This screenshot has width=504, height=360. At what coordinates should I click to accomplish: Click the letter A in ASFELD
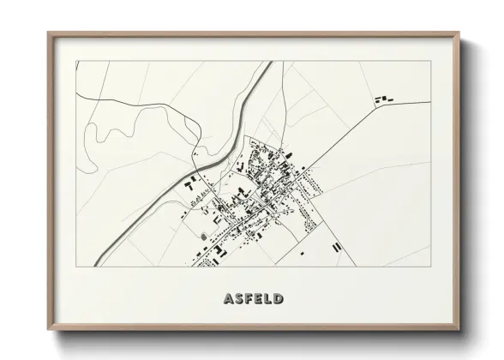(229, 299)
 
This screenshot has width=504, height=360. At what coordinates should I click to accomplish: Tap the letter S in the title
(239, 299)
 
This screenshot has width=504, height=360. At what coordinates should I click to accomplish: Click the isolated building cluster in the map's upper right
(381, 101)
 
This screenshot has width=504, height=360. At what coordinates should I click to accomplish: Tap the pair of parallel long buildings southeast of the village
(337, 245)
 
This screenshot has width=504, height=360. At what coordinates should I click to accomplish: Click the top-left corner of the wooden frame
(49, 34)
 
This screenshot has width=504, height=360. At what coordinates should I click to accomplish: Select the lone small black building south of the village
(302, 254)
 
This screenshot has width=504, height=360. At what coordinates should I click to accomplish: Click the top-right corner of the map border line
(429, 61)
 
